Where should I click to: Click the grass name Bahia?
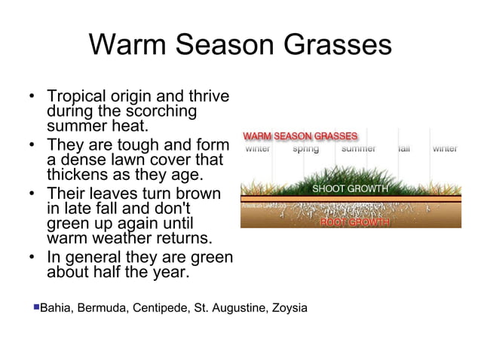click(x=54, y=308)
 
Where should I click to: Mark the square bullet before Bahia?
click(x=35, y=307)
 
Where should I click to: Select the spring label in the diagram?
click(x=305, y=148)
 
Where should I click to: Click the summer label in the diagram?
click(x=359, y=148)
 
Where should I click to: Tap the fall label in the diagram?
click(x=404, y=148)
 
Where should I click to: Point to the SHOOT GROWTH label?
click(x=350, y=188)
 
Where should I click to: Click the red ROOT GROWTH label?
click(x=354, y=222)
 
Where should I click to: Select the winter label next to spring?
click(x=259, y=148)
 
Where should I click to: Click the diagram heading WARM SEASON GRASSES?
click(x=299, y=136)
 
